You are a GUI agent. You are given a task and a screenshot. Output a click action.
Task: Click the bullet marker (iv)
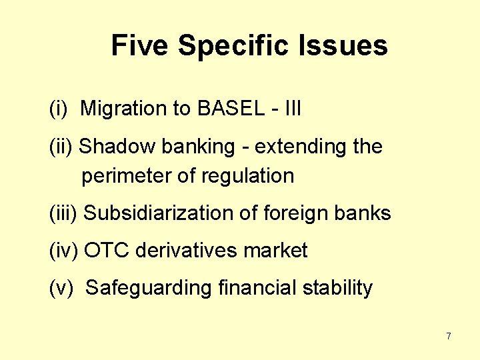pyautogui.click(x=64, y=251)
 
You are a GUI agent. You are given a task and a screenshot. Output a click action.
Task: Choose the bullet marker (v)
pyautogui.click(x=61, y=288)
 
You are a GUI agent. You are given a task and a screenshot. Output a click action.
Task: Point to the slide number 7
pyautogui.click(x=449, y=336)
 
